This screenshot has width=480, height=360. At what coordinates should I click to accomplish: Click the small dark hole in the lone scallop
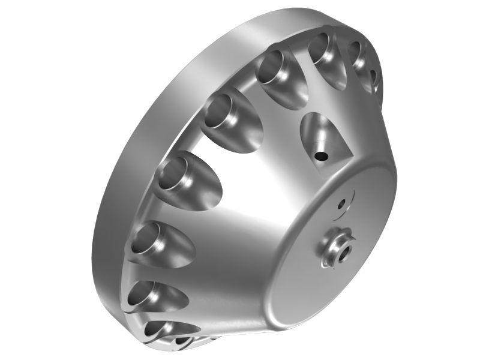[x=322, y=156]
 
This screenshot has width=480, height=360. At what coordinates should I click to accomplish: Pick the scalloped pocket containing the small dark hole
[x=321, y=135]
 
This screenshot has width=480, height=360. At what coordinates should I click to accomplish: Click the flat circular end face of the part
[x=336, y=252]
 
